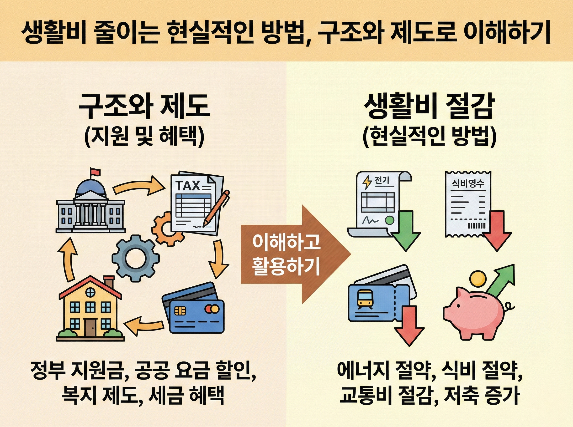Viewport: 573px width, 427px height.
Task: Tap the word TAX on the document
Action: [188, 186]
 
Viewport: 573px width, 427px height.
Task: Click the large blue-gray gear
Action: [135, 258]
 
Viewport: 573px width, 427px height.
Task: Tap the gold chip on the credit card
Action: [178, 310]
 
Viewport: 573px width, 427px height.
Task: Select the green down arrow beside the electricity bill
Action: [405, 231]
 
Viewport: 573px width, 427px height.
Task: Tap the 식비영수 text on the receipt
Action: [468, 184]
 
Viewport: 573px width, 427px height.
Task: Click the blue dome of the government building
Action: [90, 187]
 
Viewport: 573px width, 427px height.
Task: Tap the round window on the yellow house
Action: [90, 292]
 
